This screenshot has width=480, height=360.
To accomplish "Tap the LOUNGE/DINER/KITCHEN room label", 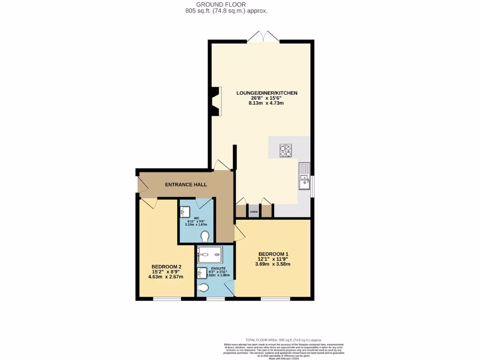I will coord(266,93).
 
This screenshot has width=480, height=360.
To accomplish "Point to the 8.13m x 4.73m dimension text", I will coord(266,103).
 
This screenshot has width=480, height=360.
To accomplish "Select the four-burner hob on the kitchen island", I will coord(286,151).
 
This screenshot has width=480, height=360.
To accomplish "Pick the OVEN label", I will coord(254,212).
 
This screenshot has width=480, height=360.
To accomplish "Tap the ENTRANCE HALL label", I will coord(186,185).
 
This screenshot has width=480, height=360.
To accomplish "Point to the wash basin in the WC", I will coord(184,212).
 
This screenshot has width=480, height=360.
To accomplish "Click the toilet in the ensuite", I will coord(203,287).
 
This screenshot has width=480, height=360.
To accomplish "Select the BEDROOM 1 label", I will coord(273,254).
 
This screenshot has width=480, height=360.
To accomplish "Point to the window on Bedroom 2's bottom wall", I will coord(167,299).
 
